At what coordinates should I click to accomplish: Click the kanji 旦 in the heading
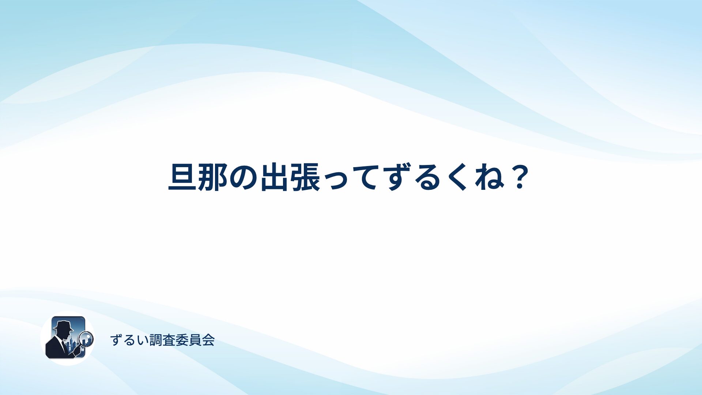coord(183,177)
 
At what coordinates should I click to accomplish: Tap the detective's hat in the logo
coord(63,326)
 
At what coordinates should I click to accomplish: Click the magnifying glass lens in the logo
coord(86,338)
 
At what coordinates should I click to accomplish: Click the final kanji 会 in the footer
coord(208,340)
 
